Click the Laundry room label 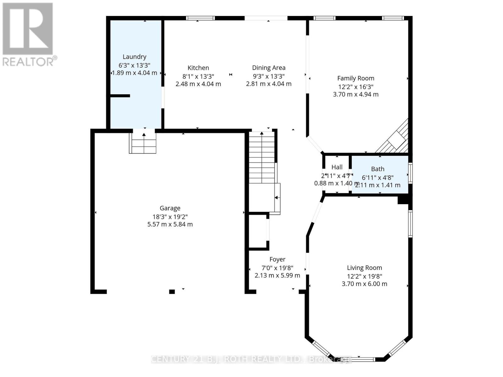coord(134,57)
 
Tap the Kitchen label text coord(198,68)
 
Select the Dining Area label coord(268,68)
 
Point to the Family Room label coord(356,78)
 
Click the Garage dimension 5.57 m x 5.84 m coord(170,224)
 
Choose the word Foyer coord(277,260)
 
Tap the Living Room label coord(364,268)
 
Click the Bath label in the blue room coord(378,169)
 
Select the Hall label coord(337,167)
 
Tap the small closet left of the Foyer coord(258,232)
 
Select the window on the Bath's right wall coord(410,173)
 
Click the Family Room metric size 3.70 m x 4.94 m coord(356,94)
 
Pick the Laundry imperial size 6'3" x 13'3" coord(134,65)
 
